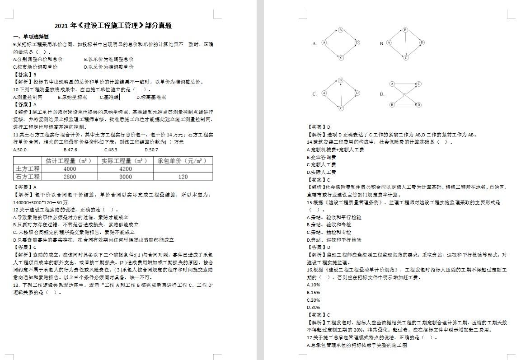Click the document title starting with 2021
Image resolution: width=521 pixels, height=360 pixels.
point(113,26)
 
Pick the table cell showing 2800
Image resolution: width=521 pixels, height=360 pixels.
point(70,177)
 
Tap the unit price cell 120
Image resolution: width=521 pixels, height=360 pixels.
point(183,177)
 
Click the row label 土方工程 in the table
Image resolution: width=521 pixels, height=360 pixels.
point(28,169)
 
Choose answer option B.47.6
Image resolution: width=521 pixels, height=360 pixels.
point(70,150)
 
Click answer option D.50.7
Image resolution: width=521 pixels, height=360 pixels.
point(151,150)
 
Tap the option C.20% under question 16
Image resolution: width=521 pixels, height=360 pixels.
point(313,300)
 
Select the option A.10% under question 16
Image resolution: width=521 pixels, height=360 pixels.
point(313,285)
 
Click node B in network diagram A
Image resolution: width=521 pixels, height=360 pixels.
point(341,30)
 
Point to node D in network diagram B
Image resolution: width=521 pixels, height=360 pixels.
point(422,43)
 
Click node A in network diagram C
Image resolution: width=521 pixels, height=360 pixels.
point(324,93)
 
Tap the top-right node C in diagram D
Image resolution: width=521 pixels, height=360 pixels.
point(419,84)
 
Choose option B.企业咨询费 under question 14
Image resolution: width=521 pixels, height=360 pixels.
point(321,157)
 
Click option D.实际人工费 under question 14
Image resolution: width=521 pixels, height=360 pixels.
point(321,172)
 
